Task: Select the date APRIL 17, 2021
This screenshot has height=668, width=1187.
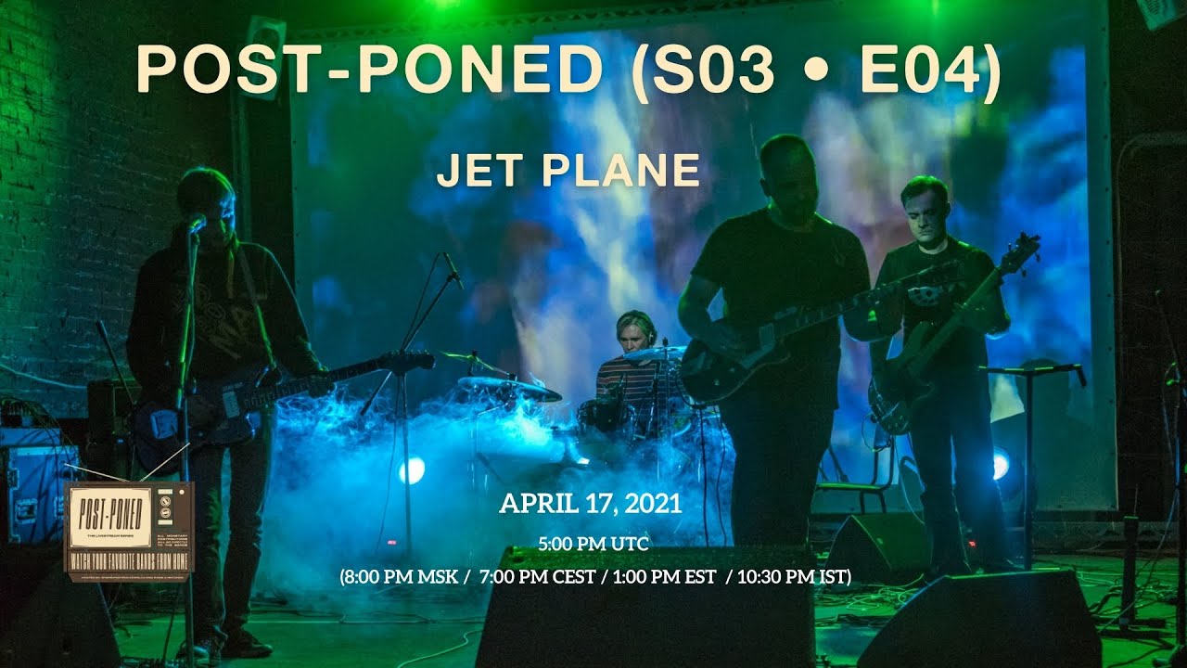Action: tap(591, 504)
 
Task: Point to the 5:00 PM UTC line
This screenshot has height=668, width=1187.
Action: tap(593, 543)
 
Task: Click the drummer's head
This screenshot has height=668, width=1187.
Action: tap(635, 331)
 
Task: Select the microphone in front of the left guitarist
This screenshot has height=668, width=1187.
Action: tap(196, 224)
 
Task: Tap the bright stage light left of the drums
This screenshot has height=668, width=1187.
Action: tap(412, 470)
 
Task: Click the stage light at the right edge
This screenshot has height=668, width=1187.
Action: tap(1000, 463)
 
